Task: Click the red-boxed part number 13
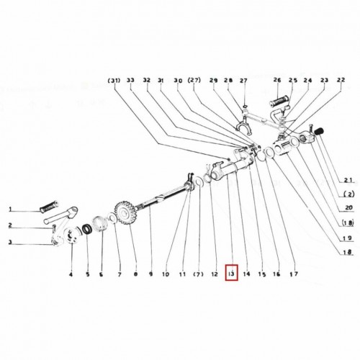(x=231, y=273)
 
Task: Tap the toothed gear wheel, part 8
(x=125, y=213)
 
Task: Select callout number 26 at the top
(x=277, y=80)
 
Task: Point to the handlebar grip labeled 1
(x=49, y=206)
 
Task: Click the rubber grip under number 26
(x=279, y=102)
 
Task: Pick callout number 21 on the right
(x=348, y=180)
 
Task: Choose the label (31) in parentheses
(x=114, y=80)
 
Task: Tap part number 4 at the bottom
(x=71, y=274)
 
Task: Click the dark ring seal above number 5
(x=86, y=230)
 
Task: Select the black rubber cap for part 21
(x=319, y=131)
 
